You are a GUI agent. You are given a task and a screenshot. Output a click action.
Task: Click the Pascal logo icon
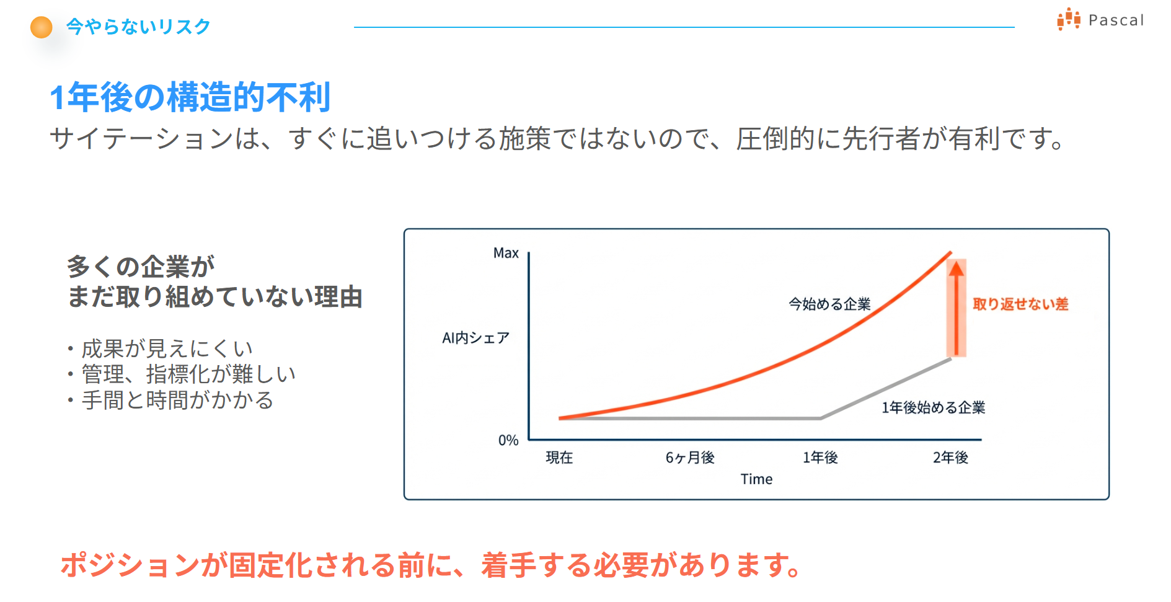pos(1069,19)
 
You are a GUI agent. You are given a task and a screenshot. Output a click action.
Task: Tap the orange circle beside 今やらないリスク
pos(42,27)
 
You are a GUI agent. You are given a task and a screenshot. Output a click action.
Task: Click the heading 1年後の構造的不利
pos(190,97)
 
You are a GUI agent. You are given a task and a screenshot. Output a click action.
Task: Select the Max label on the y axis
pos(506,253)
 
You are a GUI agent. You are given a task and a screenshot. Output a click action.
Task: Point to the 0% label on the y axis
pos(508,440)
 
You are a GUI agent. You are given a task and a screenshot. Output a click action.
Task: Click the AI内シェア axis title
pos(475,338)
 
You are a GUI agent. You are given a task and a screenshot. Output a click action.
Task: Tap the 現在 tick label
pos(559,458)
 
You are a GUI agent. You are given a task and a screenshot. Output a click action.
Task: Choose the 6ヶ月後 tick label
pos(690,458)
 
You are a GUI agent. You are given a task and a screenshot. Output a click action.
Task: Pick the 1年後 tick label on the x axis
pos(820,458)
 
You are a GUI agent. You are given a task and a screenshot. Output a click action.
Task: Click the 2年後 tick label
pos(950,458)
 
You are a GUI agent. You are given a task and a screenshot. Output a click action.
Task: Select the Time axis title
pos(756,479)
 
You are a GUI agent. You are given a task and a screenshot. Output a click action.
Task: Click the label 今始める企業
pos(829,304)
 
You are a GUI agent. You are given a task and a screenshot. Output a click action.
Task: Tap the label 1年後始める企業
pos(934,407)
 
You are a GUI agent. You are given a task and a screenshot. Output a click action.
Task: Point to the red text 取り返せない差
pos(1020,304)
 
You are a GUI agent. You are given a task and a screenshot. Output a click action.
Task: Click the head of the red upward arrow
pos(957,268)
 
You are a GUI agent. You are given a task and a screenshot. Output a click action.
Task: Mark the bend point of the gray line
pos(821,418)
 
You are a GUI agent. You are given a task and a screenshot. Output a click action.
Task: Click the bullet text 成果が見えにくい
pos(167,348)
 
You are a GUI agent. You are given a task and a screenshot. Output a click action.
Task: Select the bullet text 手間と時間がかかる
pos(177,400)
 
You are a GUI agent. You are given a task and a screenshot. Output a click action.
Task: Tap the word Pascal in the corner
pos(1116,20)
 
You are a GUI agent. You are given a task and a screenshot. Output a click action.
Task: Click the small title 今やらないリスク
pos(138,27)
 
